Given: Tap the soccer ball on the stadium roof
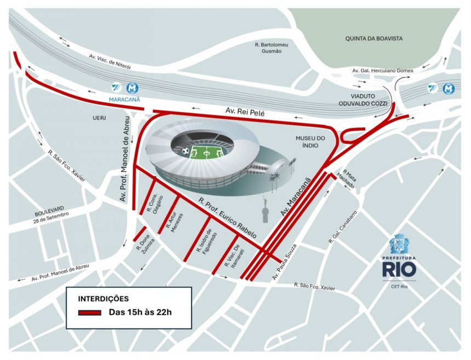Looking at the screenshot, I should point(186,150).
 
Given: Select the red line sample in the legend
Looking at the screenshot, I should point(89,312).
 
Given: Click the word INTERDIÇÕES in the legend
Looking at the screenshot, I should point(104,299).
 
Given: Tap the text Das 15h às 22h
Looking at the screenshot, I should point(141,312).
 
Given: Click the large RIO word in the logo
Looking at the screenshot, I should point(399,270).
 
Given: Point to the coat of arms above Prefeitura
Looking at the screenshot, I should point(399,244).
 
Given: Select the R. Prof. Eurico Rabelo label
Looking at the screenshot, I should point(227,217).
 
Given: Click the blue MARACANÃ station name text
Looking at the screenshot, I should point(125,100).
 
